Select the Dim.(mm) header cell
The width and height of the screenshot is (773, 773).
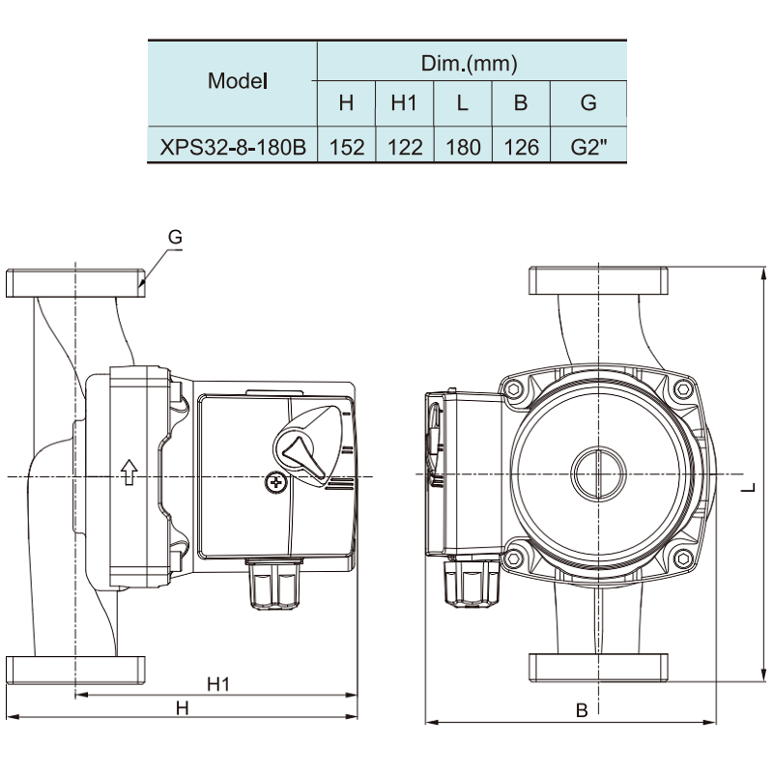(471, 64)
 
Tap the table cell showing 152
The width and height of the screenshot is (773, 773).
(346, 147)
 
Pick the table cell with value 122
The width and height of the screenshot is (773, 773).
(405, 147)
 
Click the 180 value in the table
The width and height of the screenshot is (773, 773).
(463, 147)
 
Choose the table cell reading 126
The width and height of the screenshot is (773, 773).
(521, 147)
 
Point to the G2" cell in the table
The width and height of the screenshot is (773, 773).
(587, 147)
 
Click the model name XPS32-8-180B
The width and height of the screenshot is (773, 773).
(233, 147)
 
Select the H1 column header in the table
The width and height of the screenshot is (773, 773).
(405, 102)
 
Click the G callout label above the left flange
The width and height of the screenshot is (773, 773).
(175, 237)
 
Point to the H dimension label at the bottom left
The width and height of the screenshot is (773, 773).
(182, 708)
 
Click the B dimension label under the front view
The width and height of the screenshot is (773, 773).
(582, 710)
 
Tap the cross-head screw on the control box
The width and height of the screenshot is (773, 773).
(276, 481)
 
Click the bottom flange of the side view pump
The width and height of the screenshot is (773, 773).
(75, 669)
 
